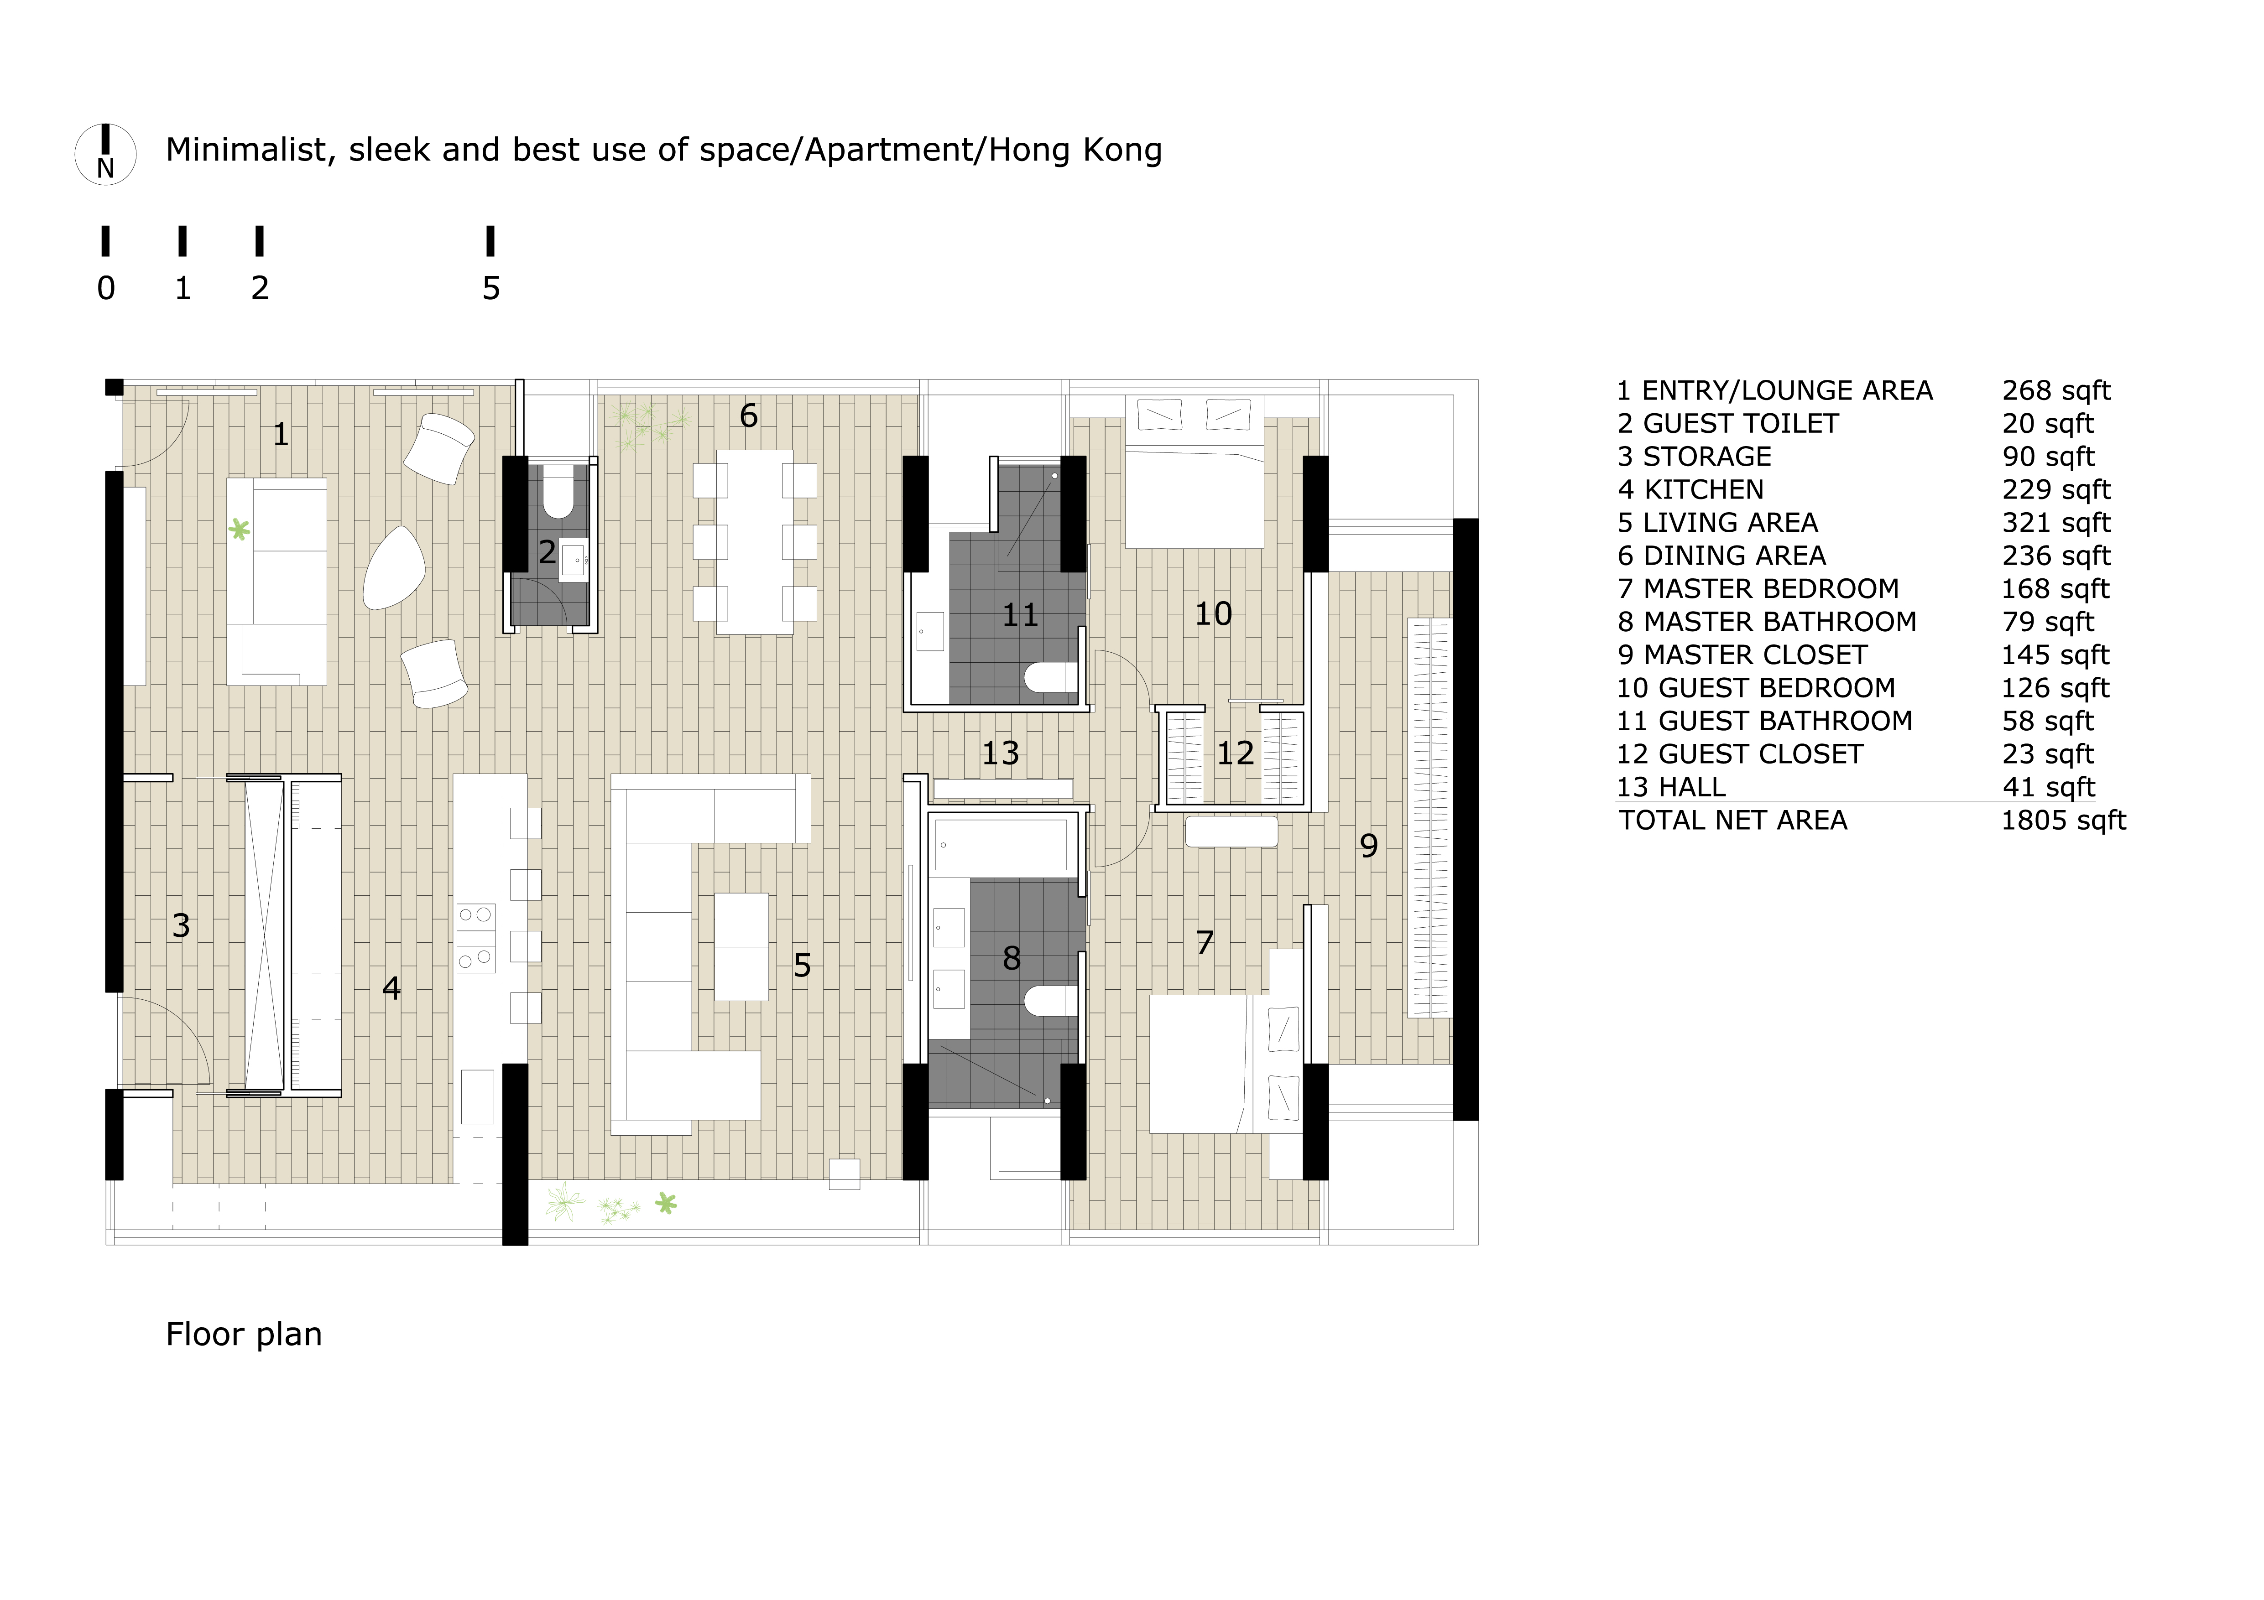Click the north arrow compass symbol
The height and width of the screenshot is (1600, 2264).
pyautogui.click(x=105, y=155)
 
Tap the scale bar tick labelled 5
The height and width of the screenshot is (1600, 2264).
pyautogui.click(x=490, y=240)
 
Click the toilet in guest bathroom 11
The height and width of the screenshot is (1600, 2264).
pyautogui.click(x=1051, y=677)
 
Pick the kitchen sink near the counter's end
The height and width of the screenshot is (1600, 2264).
pyautogui.click(x=477, y=1096)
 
